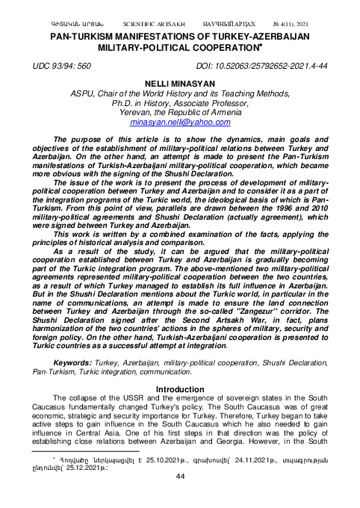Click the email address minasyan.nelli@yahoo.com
(180, 121)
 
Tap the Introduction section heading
(180, 389)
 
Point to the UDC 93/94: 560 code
(62, 66)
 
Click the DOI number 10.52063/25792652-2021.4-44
(270, 66)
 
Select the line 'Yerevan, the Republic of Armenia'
(180, 111)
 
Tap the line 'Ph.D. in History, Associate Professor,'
(180, 102)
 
